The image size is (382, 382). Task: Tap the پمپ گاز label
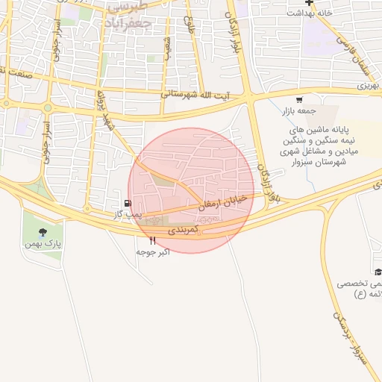128,214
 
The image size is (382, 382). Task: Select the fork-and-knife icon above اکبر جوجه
153,240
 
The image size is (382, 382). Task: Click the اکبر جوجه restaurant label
153,252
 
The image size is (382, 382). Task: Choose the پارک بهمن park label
48,244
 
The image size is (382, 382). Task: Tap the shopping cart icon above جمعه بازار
298,99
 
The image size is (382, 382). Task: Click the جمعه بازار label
298,110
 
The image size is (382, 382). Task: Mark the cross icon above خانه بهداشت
309,3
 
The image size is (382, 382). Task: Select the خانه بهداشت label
308,13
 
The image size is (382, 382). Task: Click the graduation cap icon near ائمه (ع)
378,272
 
